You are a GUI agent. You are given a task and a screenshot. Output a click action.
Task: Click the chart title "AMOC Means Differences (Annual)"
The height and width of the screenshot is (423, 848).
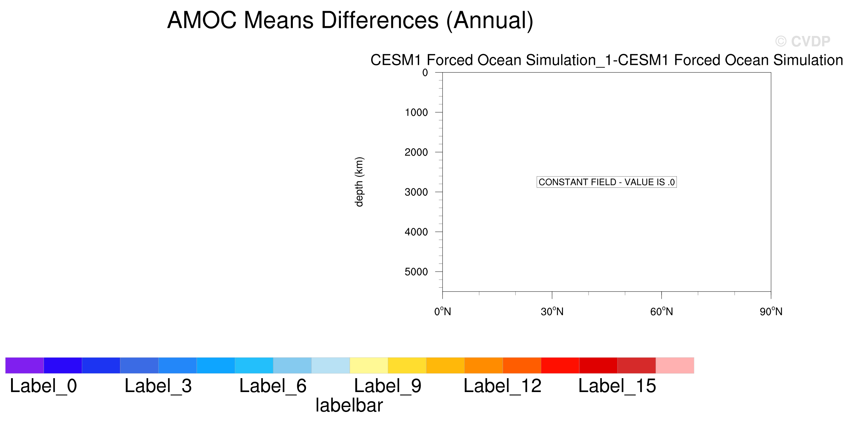pyautogui.click(x=350, y=21)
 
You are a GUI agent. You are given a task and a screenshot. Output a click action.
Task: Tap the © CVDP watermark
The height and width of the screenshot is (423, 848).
pyautogui.click(x=802, y=42)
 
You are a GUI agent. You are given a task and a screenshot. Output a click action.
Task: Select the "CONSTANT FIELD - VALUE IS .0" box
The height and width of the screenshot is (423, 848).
pyautogui.click(x=606, y=182)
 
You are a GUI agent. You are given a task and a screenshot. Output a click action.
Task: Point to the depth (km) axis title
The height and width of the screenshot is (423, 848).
pyautogui.click(x=359, y=182)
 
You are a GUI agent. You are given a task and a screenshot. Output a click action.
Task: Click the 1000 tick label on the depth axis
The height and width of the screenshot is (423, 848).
pyautogui.click(x=416, y=113)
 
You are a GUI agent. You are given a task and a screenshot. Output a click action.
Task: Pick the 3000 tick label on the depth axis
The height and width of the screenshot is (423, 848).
pyautogui.click(x=416, y=192)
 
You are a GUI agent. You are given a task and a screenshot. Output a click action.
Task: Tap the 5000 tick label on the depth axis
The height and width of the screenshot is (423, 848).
pyautogui.click(x=416, y=272)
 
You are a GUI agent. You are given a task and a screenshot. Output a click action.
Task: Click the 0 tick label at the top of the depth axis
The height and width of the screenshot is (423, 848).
pyautogui.click(x=425, y=73)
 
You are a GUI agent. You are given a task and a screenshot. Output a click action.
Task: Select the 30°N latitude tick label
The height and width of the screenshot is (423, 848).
pyautogui.click(x=552, y=312)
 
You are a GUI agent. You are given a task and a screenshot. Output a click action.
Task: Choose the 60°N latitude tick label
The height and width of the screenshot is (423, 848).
pyautogui.click(x=662, y=312)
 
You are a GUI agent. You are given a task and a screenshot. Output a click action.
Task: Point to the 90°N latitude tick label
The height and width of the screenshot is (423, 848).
pyautogui.click(x=771, y=312)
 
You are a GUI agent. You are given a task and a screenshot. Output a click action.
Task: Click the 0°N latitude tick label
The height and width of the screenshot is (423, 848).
pyautogui.click(x=443, y=312)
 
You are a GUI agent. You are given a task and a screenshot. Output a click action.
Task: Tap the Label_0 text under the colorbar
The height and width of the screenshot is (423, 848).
pyautogui.click(x=43, y=386)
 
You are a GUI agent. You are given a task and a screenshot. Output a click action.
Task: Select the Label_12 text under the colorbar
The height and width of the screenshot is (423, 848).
pyautogui.click(x=502, y=386)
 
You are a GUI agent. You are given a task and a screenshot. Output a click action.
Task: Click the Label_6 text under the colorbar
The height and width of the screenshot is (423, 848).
pyautogui.click(x=273, y=386)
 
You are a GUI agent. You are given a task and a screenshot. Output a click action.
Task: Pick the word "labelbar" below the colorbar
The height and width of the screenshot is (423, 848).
pyautogui.click(x=349, y=406)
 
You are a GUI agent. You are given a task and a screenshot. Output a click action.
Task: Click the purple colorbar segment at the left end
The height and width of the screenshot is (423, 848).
pyautogui.click(x=25, y=365)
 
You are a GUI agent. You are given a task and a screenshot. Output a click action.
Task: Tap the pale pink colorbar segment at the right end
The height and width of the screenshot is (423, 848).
pyautogui.click(x=675, y=365)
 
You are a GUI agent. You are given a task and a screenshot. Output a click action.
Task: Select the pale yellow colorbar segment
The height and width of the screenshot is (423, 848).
pyautogui.click(x=369, y=365)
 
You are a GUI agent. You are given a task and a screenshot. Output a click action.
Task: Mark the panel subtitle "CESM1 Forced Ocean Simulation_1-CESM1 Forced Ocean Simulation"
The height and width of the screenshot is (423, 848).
pyautogui.click(x=607, y=60)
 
